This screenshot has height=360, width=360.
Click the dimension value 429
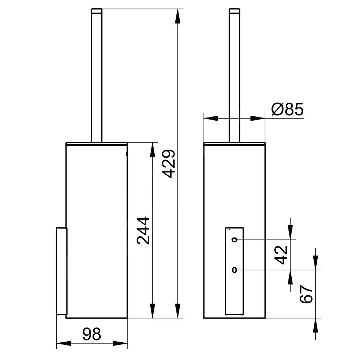tap(169, 163)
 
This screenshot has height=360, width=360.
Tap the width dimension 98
tap(91, 334)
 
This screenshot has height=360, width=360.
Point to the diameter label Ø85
tap(287, 109)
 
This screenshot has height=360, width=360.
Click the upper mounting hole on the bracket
tap(235, 240)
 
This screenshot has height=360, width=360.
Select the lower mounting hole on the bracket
tap(235, 270)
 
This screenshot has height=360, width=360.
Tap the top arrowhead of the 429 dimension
tap(177, 16)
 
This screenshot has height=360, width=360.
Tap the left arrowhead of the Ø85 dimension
tap(211, 118)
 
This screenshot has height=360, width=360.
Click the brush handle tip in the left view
tap(97, 11)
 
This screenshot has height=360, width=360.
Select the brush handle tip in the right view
tap(235, 11)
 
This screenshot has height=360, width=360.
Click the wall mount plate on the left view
tap(61, 271)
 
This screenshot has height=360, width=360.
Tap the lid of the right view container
tap(235, 143)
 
